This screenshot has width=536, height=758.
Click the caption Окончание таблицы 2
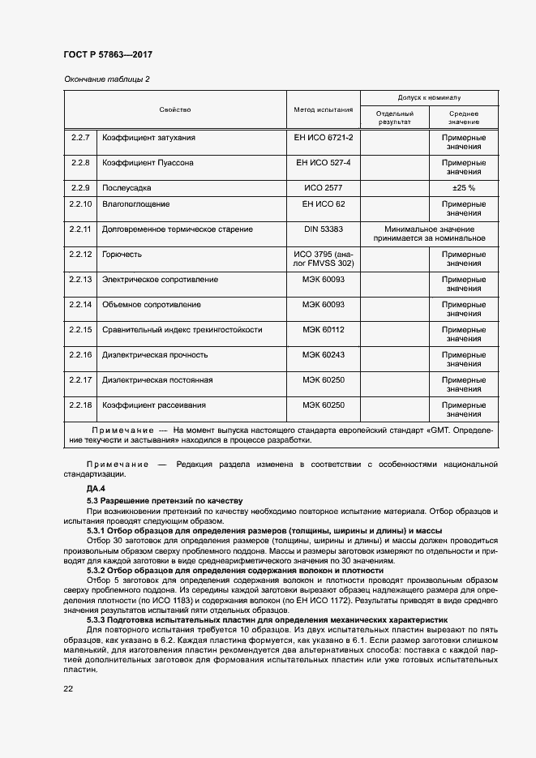click(107, 79)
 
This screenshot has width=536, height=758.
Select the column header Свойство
click(175, 109)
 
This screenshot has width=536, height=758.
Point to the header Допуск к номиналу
click(429, 96)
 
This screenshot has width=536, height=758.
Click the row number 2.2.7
click(80, 138)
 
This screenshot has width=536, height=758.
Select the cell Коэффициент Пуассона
click(148, 163)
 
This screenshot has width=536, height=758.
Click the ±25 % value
click(463, 187)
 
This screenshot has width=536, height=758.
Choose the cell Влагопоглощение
click(135, 203)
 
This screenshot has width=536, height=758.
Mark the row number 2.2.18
click(80, 405)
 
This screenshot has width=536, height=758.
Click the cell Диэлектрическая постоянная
click(157, 380)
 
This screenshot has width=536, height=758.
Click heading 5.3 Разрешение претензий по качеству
click(165, 501)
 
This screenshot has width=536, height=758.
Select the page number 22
click(68, 688)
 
